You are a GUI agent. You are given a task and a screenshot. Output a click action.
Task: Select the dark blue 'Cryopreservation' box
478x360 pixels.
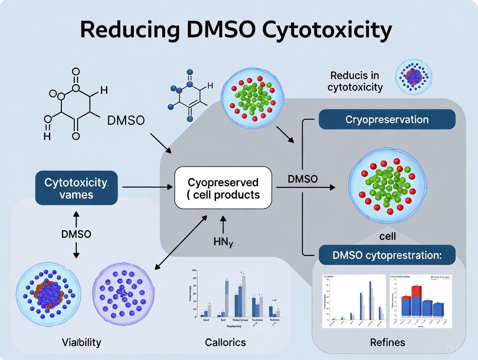[387, 119]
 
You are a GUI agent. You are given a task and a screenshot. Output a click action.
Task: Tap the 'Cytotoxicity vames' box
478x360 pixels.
[76, 188]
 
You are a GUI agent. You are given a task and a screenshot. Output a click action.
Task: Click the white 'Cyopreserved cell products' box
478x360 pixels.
[223, 188]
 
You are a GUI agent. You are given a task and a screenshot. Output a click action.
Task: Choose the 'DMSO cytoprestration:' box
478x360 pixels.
[387, 255]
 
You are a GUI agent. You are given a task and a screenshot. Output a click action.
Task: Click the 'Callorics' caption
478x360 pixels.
[226, 342]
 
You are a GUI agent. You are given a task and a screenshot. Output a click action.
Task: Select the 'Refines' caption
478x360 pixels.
[388, 342]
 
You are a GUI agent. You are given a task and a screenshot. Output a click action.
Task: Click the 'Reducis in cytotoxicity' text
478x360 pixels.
[355, 81]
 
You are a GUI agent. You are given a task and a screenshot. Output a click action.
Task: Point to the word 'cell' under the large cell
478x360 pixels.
[387, 236]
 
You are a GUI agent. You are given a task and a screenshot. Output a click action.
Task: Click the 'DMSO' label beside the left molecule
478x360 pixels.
[125, 120]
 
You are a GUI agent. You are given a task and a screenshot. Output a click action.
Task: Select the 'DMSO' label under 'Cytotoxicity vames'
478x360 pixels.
[76, 234]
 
